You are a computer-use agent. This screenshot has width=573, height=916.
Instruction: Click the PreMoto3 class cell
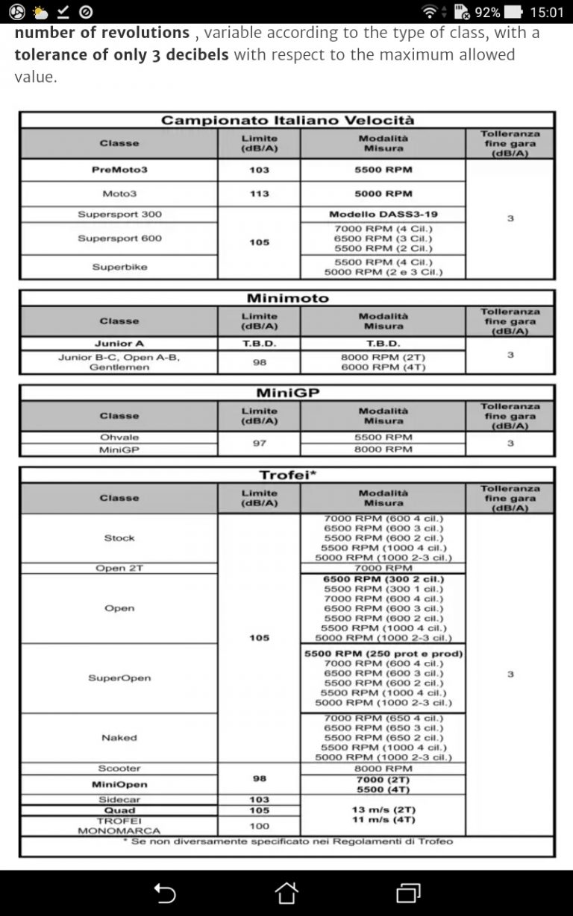point(119,170)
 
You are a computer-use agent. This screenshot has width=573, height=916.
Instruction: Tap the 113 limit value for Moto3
point(259,194)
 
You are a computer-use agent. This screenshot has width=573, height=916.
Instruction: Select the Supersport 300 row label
point(119,215)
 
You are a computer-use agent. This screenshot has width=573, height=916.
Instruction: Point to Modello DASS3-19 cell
point(383,215)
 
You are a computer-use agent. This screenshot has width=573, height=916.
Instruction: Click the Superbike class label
point(119,267)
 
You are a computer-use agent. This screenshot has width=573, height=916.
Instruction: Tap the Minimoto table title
point(287,298)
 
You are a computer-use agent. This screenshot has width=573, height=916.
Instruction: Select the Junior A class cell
point(119,344)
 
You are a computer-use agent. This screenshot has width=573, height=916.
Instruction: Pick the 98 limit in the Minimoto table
point(259,362)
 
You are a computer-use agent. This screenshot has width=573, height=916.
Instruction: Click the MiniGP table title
point(287,393)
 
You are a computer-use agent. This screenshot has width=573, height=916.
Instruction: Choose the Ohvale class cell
point(119,438)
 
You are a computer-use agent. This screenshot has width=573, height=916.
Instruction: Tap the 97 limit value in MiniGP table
point(259,443)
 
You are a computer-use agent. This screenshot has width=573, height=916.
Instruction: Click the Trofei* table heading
point(287,475)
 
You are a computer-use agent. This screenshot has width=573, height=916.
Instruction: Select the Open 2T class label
point(119,568)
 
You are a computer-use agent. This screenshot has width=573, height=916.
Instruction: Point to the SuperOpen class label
point(119,678)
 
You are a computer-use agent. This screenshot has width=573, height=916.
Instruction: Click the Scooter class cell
point(119,768)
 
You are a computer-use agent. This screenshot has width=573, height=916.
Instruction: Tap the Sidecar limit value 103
point(259,800)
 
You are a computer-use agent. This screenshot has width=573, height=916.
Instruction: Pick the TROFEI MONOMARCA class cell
point(119,826)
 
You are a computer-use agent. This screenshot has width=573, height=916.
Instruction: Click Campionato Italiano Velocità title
point(287,120)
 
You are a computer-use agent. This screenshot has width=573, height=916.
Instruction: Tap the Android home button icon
point(286,892)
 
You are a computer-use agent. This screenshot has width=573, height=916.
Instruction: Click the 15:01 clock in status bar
point(546,12)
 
